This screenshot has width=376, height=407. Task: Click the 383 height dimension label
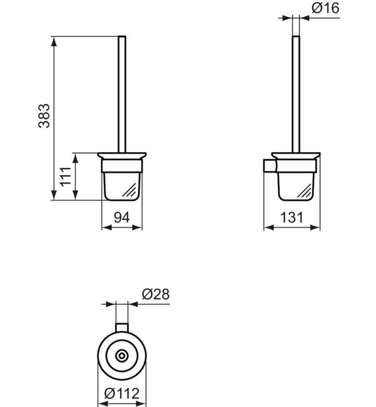point(44,116)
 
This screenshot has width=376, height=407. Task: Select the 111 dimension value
point(65,176)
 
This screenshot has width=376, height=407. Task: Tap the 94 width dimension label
point(122,218)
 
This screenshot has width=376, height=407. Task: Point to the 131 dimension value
point(291,218)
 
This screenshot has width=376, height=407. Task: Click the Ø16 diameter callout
point(325,8)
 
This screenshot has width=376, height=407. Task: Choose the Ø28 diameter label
point(156,294)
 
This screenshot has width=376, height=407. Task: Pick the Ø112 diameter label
point(122,393)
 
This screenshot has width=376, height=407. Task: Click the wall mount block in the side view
point(270,165)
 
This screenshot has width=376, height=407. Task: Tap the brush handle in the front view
point(122,94)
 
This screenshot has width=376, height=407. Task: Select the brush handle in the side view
point(296,94)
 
